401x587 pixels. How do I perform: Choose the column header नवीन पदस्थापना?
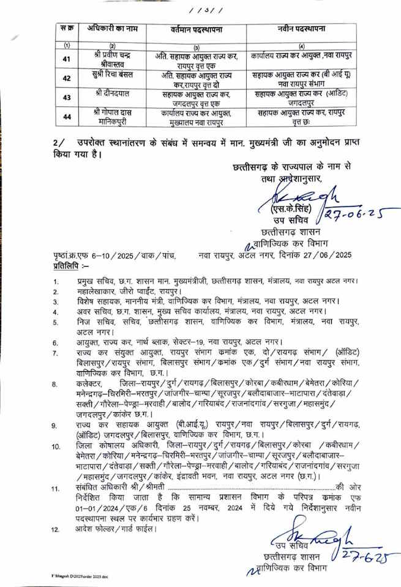pyautogui.click(x=300, y=29)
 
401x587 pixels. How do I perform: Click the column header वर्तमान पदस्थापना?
pyautogui.click(x=194, y=29)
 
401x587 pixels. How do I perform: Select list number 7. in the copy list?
pyautogui.click(x=56, y=353)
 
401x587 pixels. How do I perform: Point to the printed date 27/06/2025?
pyautogui.click(x=333, y=255)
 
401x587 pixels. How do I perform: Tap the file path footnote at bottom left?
pyautogui.click(x=81, y=577)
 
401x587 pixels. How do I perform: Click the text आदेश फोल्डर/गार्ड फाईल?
pyautogui.click(x=113, y=529)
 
